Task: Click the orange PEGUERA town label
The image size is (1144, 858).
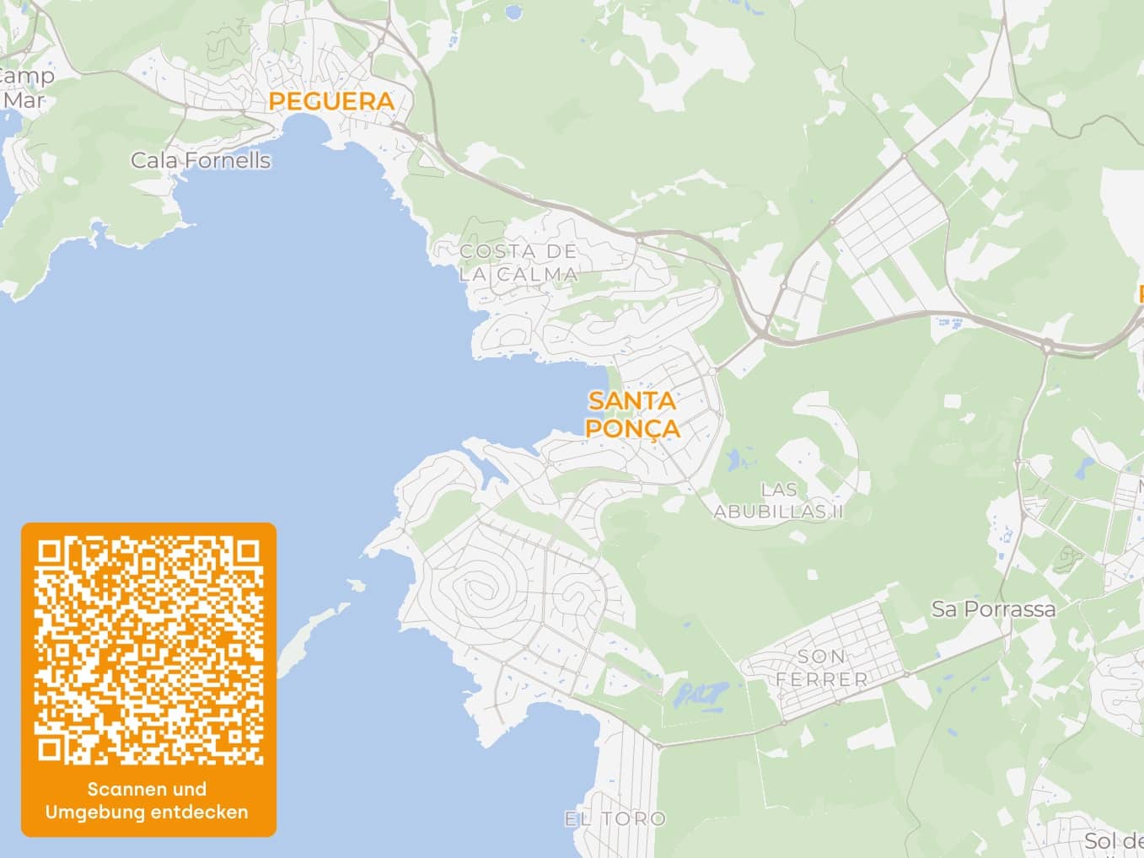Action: point(331,101)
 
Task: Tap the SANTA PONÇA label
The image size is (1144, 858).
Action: point(632,414)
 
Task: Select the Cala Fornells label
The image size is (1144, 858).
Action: point(201,160)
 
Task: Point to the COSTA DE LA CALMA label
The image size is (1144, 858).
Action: point(518,262)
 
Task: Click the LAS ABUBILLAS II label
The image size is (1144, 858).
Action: point(778,501)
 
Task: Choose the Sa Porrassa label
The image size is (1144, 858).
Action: point(993,609)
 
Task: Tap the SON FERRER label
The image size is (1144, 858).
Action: point(822,668)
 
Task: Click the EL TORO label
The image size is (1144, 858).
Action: point(615,818)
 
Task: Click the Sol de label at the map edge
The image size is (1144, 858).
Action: point(1113,840)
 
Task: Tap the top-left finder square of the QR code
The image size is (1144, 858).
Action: point(50,551)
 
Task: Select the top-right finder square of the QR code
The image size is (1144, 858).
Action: point(248,551)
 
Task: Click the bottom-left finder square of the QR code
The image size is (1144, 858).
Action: point(50,749)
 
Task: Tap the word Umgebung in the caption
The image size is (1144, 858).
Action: point(94,812)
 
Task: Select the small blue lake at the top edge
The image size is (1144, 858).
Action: point(512,13)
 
